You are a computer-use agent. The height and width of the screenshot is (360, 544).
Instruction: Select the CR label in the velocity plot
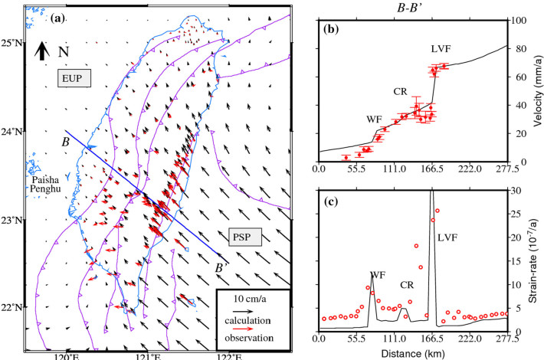399,92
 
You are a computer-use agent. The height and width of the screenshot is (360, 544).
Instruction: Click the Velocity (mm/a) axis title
538,90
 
